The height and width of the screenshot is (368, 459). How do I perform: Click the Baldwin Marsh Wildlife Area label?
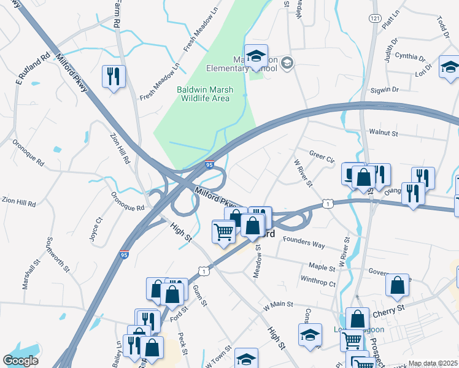pos(203,94)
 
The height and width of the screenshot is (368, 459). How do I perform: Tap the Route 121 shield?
pos(374,19)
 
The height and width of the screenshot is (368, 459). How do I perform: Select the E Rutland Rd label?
pos(33,71)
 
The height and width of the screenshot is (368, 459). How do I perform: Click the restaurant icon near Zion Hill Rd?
pos(114,77)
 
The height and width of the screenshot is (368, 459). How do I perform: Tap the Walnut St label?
pos(384,132)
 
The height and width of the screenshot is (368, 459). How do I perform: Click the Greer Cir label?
pos(322,156)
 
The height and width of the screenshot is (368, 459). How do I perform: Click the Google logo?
pos(21,361)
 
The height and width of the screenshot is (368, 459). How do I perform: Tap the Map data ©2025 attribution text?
pos(432,363)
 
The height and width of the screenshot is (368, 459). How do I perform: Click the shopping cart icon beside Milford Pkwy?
pos(224,232)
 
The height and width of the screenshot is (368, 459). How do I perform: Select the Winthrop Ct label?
pos(318,283)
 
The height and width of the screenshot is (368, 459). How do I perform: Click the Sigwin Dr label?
pos(384,90)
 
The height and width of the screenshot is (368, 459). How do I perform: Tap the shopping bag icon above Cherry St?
pos(398,285)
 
